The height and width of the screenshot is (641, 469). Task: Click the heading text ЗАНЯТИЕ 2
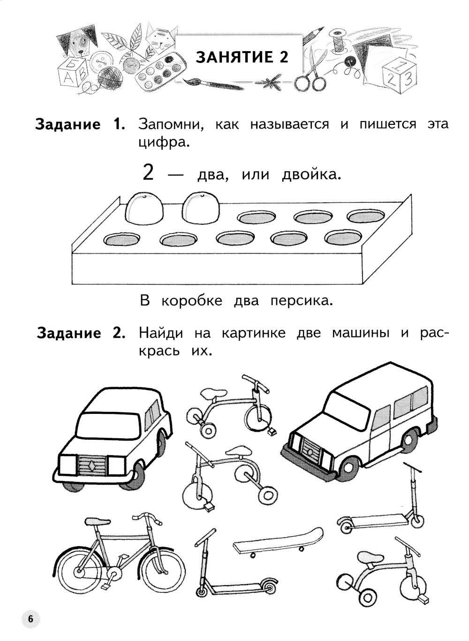coord(242,57)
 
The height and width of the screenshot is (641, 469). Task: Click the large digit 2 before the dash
coord(148,174)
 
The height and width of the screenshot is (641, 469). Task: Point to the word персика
coord(301,300)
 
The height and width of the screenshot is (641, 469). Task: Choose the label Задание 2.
coord(82,333)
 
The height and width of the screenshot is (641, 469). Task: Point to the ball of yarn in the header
coord(108,76)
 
